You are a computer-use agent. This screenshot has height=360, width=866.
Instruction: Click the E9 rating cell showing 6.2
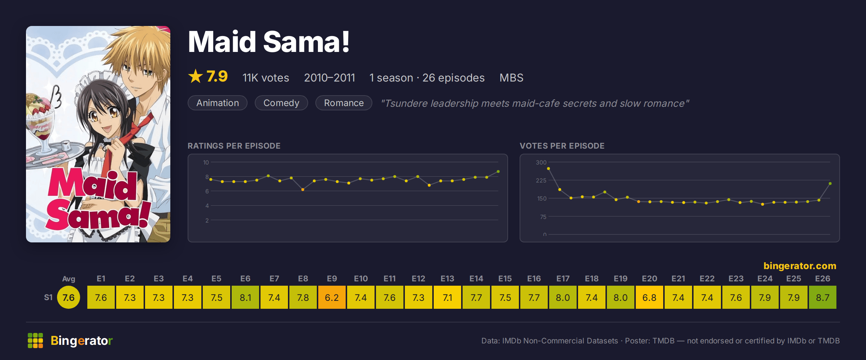tap(332, 297)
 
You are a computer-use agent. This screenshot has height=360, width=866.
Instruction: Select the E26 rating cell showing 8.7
tap(823, 297)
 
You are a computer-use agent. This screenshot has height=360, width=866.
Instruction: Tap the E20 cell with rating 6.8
tap(649, 297)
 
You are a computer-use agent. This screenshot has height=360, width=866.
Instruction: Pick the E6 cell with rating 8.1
tap(245, 297)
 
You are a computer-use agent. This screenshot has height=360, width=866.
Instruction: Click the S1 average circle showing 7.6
tap(69, 297)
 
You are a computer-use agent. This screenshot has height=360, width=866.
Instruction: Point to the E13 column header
tap(447, 278)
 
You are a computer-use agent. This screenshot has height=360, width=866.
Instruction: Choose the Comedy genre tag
tap(281, 103)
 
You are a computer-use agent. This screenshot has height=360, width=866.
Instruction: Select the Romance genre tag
tap(344, 103)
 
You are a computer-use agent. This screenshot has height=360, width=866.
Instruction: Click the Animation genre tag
tap(218, 103)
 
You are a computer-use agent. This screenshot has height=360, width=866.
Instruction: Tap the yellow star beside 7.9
tap(196, 76)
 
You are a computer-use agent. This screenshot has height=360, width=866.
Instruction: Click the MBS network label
tap(511, 78)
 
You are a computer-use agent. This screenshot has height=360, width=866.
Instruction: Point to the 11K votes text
tap(266, 78)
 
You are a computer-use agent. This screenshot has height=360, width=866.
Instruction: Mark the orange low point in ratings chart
tap(303, 189)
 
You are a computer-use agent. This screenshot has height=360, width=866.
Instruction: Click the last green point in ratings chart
tap(498, 171)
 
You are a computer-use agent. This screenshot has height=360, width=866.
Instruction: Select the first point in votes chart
tap(548, 168)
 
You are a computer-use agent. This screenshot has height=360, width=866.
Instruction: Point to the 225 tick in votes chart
tap(541, 180)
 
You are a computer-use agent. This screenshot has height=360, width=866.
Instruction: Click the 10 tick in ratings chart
tap(206, 162)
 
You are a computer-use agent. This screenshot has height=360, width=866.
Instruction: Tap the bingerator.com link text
tap(800, 266)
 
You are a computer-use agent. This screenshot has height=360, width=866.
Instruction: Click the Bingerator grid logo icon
tap(35, 341)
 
